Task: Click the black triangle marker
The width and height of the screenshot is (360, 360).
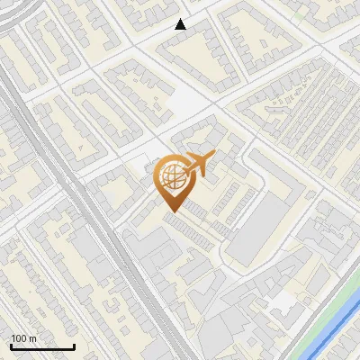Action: [181, 24]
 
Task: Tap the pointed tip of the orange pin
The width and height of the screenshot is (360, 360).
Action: [171, 211]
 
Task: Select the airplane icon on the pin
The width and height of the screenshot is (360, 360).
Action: [196, 165]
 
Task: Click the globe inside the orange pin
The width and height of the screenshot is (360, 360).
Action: [170, 178]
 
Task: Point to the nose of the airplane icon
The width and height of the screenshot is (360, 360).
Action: [212, 157]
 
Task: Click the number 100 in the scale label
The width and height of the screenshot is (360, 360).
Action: [19, 338]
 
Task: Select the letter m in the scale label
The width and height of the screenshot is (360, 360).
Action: [32, 338]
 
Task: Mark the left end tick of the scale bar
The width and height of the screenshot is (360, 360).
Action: [9, 346]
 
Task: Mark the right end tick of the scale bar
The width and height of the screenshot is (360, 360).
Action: [74, 346]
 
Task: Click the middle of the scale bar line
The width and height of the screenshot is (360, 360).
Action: [41, 347]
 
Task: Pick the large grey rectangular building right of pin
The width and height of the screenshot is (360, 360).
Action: [256, 230]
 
